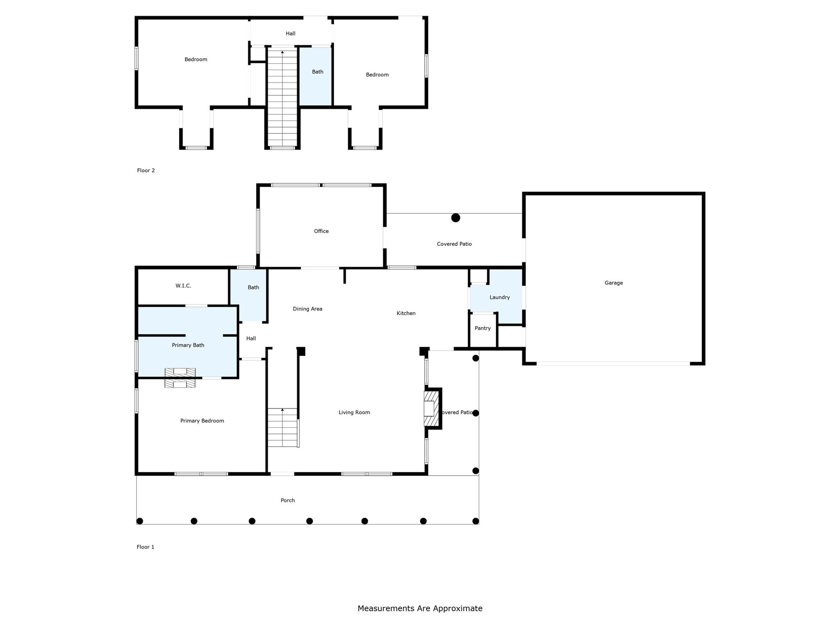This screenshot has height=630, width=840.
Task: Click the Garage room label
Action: (614, 283)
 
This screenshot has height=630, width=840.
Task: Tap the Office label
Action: (321, 231)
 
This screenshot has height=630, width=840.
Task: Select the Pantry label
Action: (482, 328)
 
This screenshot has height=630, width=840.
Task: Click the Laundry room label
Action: (499, 297)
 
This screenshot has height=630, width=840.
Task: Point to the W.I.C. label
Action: (183, 286)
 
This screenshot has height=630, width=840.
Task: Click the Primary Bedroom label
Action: (202, 421)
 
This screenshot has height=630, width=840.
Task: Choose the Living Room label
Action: (354, 413)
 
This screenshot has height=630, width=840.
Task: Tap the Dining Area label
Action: (307, 309)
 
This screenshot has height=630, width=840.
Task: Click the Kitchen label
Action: (406, 313)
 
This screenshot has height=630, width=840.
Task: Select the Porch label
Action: (288, 500)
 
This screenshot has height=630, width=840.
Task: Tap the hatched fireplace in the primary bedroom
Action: (180, 378)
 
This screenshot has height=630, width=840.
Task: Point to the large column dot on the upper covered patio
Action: (455, 218)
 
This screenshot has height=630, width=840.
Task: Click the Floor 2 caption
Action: (146, 171)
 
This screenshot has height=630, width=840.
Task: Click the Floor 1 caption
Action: (145, 547)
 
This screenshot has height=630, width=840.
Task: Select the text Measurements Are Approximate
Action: (420, 609)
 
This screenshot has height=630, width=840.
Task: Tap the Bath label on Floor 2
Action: (317, 72)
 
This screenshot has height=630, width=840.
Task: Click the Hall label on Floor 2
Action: (290, 34)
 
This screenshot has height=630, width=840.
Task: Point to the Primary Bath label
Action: (188, 345)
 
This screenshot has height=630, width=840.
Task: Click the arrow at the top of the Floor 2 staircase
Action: (282, 52)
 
